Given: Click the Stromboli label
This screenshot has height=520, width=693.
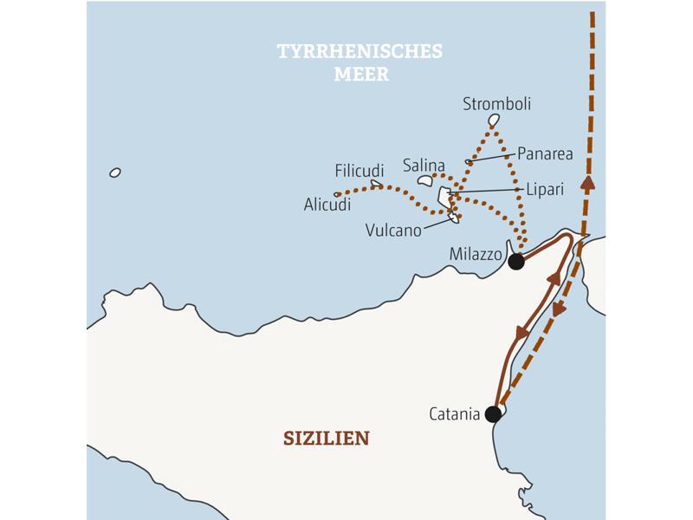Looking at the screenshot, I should coord(496,104).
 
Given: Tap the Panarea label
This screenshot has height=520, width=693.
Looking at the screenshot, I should coord(545,153).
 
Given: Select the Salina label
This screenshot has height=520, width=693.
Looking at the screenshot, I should coord(424,165).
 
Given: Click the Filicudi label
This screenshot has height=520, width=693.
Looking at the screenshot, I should coord(359,171).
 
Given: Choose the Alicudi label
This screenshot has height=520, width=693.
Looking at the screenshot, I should coord(327,205).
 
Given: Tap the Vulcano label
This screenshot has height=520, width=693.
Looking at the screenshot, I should coord(392,231).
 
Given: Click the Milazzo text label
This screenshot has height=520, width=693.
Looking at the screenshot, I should coord(476,254).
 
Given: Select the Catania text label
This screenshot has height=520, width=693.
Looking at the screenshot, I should coord(454,414).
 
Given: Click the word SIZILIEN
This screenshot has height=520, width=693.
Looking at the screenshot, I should coord(326,438).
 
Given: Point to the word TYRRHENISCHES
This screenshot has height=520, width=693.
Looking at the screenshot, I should coord(359,52).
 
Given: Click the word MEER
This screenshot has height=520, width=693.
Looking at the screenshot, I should coord(361,75).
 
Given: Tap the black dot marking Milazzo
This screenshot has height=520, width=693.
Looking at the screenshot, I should coord(516,260).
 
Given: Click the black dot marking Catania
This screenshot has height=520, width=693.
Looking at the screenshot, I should coord(493,414).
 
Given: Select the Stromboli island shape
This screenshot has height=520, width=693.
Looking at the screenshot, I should coord(495,120).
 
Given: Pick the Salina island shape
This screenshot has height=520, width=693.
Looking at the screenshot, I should coord(424,180).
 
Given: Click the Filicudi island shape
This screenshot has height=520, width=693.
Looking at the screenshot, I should coord(376,183).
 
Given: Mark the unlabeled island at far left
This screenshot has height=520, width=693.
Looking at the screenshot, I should coord(115,172).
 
